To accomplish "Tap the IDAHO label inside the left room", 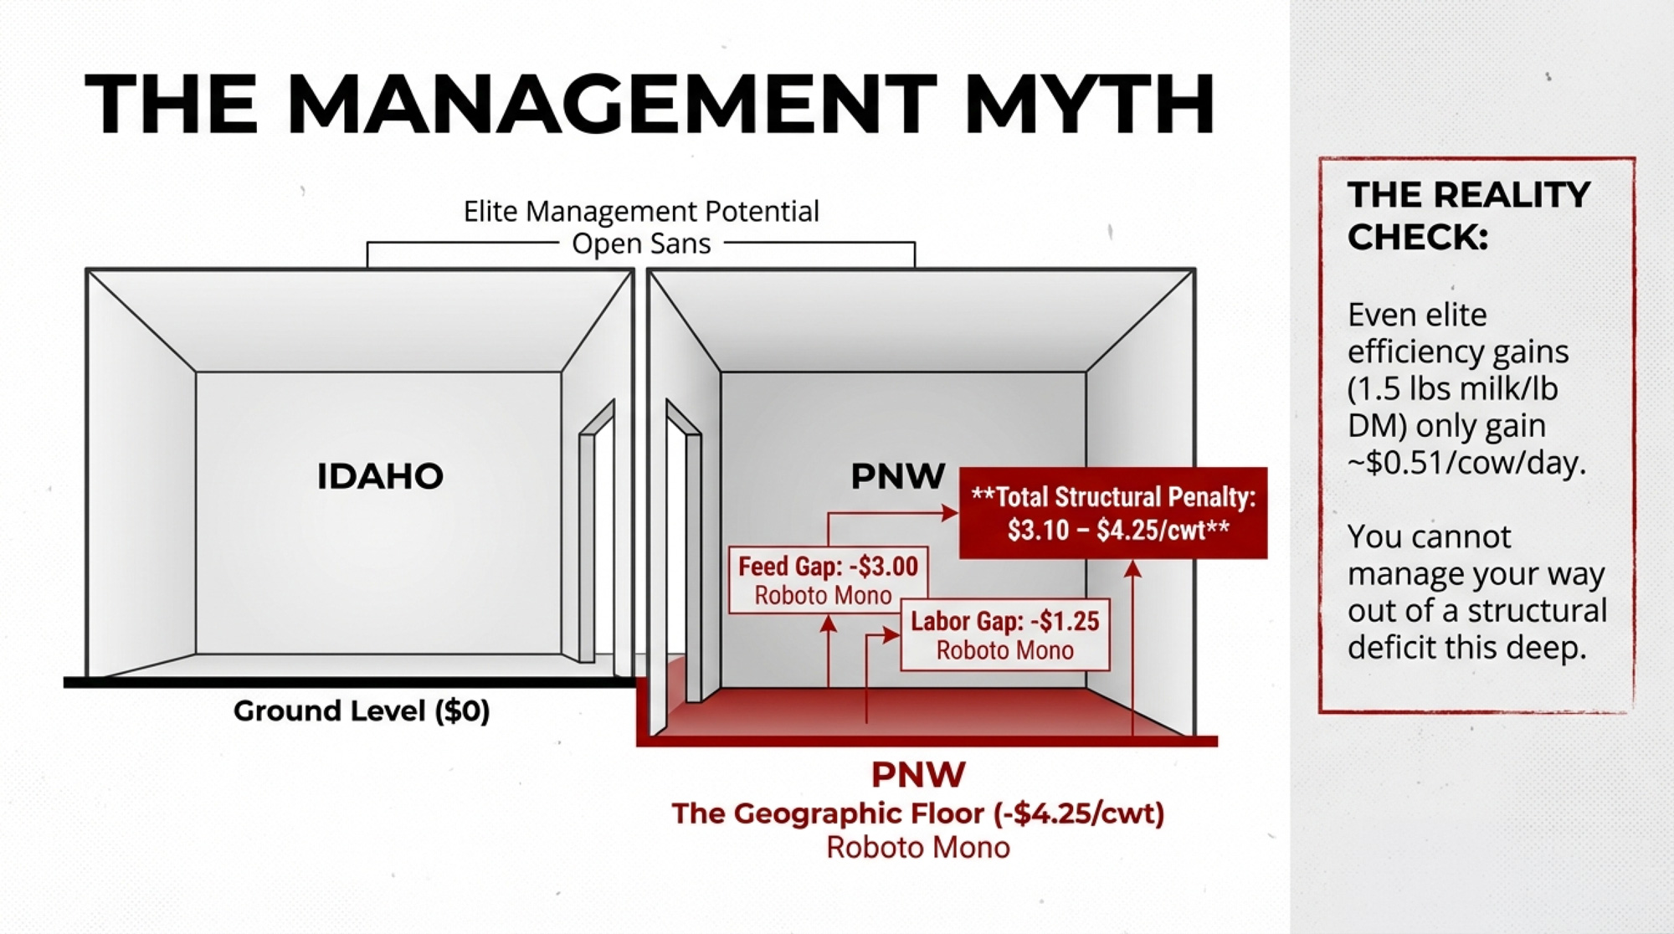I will [x=380, y=476].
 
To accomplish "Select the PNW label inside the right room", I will [x=897, y=476].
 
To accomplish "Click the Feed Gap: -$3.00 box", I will [x=828, y=580].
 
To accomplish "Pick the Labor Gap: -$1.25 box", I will [x=1004, y=634].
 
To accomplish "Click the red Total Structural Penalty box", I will [x=1113, y=513].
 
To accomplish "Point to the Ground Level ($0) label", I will [x=362, y=711].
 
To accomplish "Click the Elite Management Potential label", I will [x=641, y=211].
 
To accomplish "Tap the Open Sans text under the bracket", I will [x=641, y=244].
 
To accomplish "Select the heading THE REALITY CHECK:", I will [x=1468, y=215].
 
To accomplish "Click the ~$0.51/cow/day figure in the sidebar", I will [x=1466, y=462].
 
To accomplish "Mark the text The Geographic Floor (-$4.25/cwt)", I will [x=917, y=813].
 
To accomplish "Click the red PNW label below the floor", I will [x=918, y=774].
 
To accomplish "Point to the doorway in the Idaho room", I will [x=597, y=544].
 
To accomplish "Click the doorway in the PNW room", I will [x=684, y=552].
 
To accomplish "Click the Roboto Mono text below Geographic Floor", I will [x=917, y=847].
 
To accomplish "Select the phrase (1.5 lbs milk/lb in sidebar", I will [x=1452, y=388].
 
